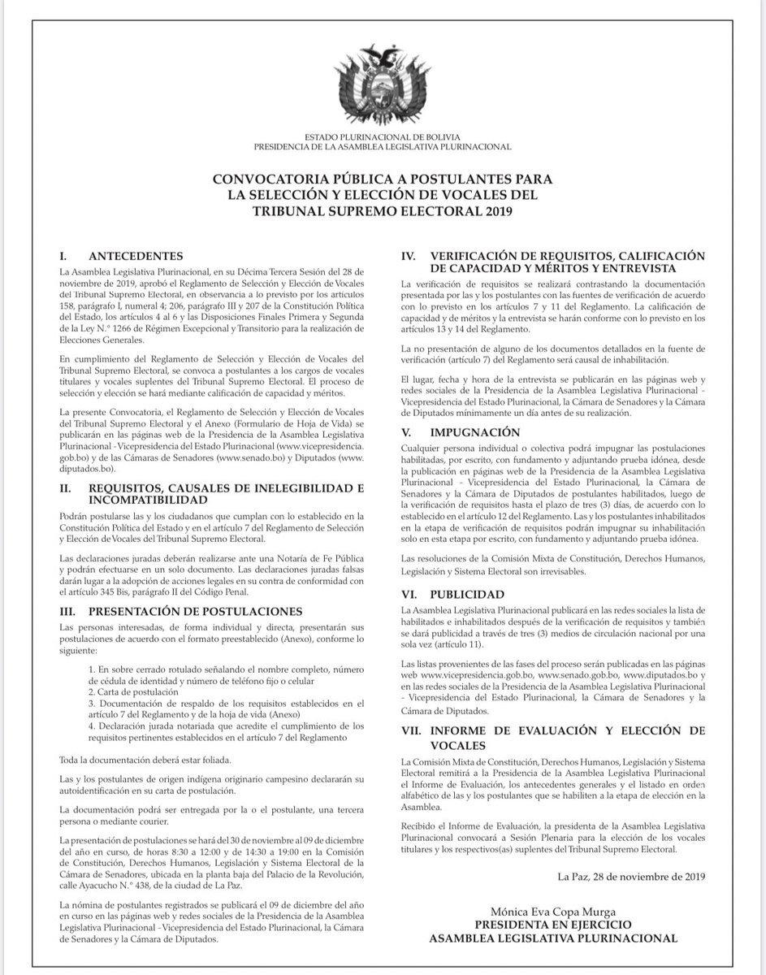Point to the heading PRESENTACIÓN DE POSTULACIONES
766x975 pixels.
(x=194, y=611)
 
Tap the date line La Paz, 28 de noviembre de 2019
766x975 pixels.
(x=631, y=875)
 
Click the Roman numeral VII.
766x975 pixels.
(x=411, y=730)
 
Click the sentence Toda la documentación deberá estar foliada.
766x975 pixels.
(x=133, y=760)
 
